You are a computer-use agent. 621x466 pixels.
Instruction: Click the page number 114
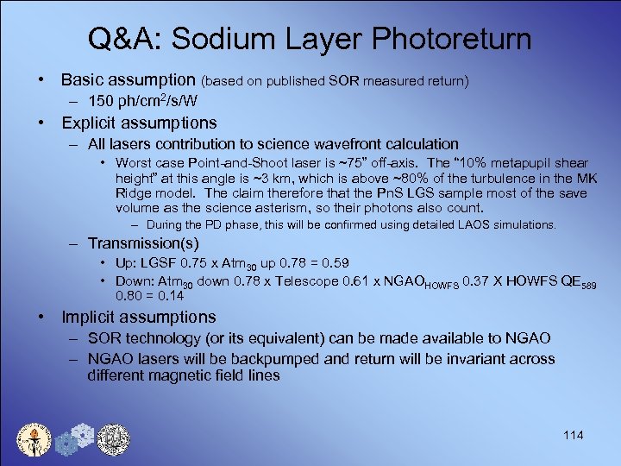[x=572, y=435]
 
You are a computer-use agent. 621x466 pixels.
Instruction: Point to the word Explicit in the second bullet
[x=91, y=123]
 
